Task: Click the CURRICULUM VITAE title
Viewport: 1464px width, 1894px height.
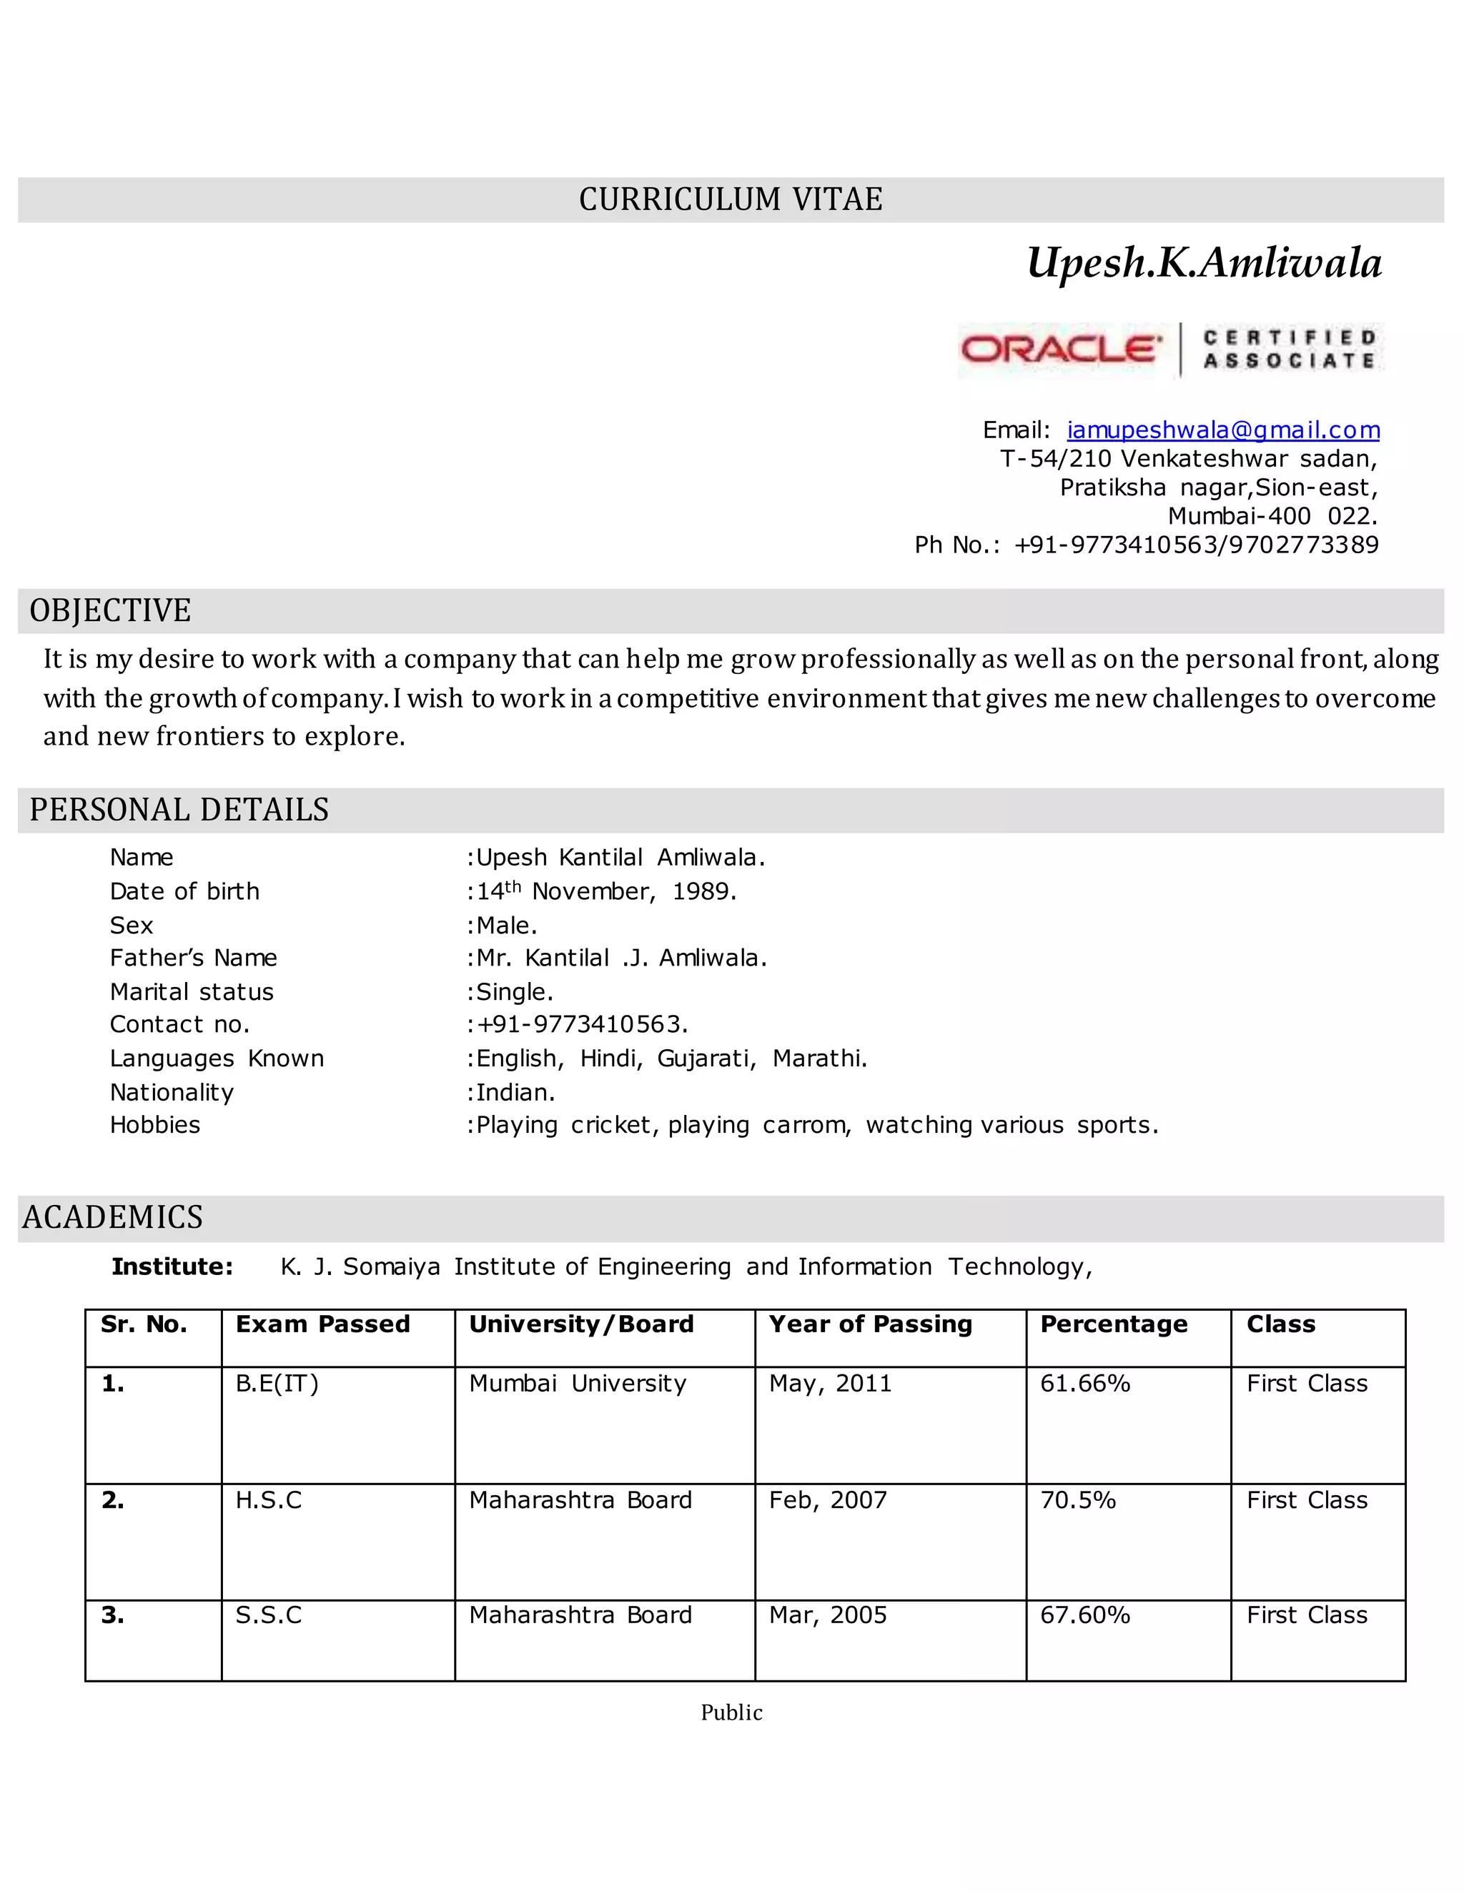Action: (731, 199)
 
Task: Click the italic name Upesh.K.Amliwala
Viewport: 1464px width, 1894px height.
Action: (1204, 263)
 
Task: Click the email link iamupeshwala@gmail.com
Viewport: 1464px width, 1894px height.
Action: (1223, 430)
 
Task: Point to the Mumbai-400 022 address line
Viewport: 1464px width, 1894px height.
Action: (1272, 516)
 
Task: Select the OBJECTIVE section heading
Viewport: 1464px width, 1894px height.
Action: (110, 610)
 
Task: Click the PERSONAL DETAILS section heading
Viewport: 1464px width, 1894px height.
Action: (179, 809)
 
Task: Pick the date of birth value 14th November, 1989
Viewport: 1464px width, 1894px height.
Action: (606, 891)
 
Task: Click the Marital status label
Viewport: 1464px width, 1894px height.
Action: (192, 992)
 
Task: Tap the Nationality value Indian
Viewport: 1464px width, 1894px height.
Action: (515, 1093)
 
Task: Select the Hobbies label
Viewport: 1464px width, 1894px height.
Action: (155, 1126)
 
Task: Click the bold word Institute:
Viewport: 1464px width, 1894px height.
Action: (172, 1267)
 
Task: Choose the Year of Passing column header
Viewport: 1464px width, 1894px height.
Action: (870, 1324)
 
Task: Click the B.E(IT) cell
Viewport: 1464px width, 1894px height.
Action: (277, 1383)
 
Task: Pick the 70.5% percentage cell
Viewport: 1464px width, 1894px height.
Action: (1078, 1500)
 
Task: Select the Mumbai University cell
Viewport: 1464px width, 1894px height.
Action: (578, 1383)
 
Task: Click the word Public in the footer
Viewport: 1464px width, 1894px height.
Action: (731, 1712)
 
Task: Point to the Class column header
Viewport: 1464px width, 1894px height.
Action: (1281, 1324)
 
